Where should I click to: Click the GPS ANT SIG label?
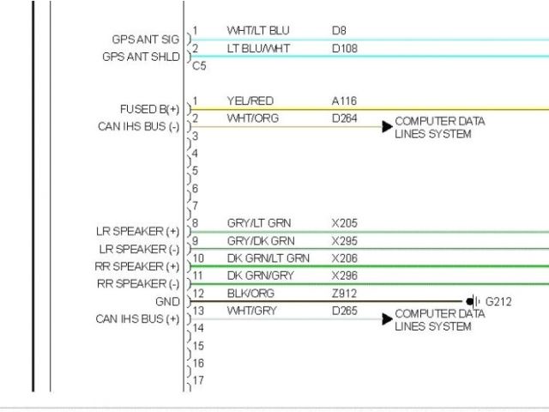pyautogui.click(x=146, y=39)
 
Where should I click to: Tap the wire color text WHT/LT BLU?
pyautogui.click(x=258, y=31)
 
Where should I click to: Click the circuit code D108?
pyautogui.click(x=344, y=48)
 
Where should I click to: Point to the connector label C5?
pyautogui.click(x=199, y=65)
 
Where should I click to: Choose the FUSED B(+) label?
pyautogui.click(x=150, y=109)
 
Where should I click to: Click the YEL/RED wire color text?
pyautogui.click(x=250, y=101)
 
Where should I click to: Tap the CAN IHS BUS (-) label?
pyautogui.click(x=139, y=127)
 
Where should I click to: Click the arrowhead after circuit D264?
pyautogui.click(x=387, y=127)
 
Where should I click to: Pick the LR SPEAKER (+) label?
pyautogui.click(x=138, y=232)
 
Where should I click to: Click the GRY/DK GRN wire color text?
pyautogui.click(x=261, y=240)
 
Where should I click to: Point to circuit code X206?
pyautogui.click(x=345, y=258)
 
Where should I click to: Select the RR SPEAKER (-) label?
pyautogui.click(x=137, y=284)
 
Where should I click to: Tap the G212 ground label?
pyautogui.click(x=498, y=302)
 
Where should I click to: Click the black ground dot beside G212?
pyautogui.click(x=469, y=302)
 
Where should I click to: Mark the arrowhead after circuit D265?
pyautogui.click(x=387, y=319)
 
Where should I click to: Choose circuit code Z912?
pyautogui.click(x=344, y=294)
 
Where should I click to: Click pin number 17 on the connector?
pyautogui.click(x=198, y=380)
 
